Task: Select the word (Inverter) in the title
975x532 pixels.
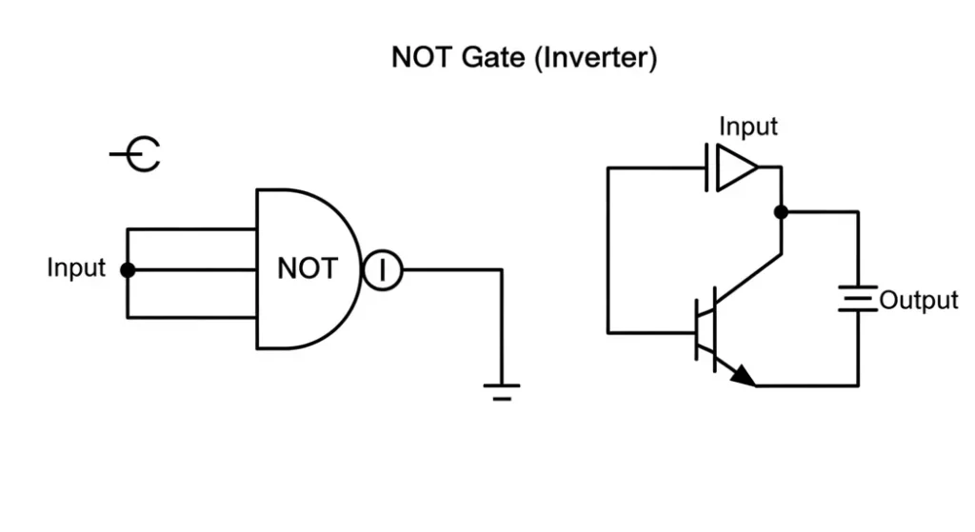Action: pyautogui.click(x=595, y=59)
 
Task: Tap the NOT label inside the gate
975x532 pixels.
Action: pyautogui.click(x=307, y=269)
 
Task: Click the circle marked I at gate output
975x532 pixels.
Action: pyautogui.click(x=382, y=270)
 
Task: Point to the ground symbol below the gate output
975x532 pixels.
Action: pyautogui.click(x=502, y=389)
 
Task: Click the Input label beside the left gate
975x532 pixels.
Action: pyautogui.click(x=76, y=268)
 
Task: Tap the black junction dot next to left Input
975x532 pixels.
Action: pyautogui.click(x=128, y=270)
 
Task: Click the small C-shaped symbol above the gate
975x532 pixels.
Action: pyautogui.click(x=140, y=153)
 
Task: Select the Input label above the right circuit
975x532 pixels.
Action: pyautogui.click(x=747, y=127)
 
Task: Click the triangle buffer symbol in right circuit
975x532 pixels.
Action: pyautogui.click(x=735, y=167)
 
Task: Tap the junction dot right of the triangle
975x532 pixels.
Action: pyautogui.click(x=781, y=211)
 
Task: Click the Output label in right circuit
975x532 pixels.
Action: pyautogui.click(x=918, y=301)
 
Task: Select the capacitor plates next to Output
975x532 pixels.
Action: pyautogui.click(x=857, y=301)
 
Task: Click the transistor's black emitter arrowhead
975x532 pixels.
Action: pyautogui.click(x=744, y=377)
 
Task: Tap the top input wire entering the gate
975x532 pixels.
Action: pyautogui.click(x=190, y=229)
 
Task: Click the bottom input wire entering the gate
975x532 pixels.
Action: pyautogui.click(x=190, y=318)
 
